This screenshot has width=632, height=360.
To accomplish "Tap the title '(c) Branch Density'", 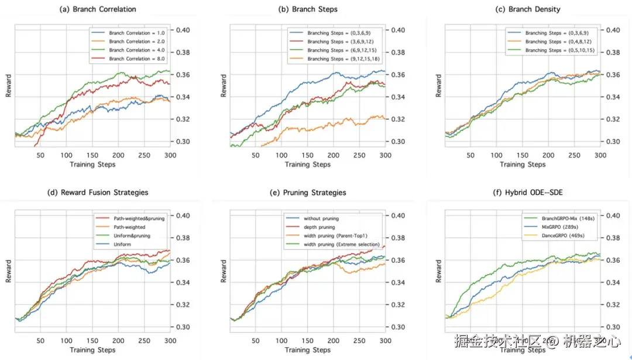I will point(528,9).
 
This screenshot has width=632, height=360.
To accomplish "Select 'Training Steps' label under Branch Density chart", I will point(524,164).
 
